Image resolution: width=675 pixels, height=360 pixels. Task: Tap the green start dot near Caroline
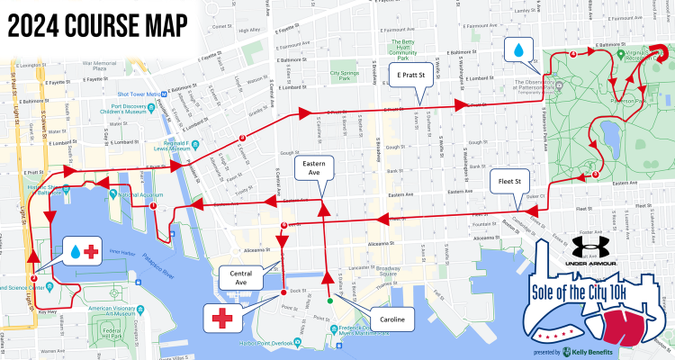point(329,301)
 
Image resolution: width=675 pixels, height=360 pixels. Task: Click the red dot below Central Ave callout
point(283,292)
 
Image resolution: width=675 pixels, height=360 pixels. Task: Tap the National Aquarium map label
point(139,194)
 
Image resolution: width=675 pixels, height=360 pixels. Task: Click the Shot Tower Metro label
point(138,94)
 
